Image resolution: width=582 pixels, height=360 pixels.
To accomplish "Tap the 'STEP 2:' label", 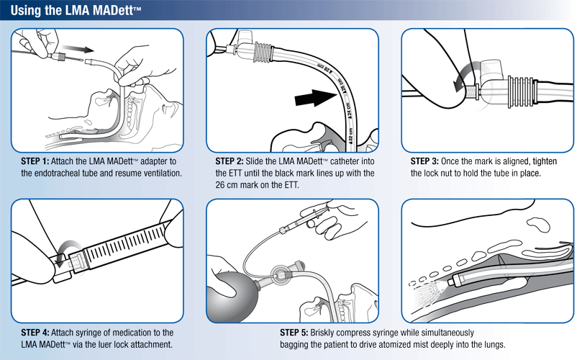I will click(229, 160).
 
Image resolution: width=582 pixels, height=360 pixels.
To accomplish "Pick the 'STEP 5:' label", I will click(294, 333).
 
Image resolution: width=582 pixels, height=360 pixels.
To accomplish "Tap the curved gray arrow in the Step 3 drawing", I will click(462, 74).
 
